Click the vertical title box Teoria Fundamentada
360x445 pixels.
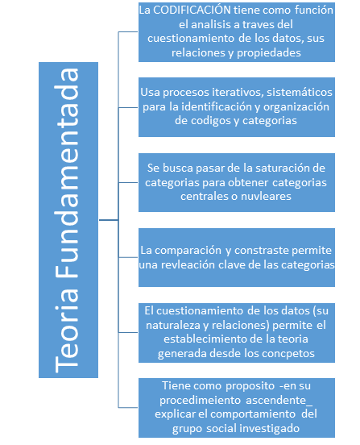coord(68,220)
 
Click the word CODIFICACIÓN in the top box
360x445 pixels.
coord(192,10)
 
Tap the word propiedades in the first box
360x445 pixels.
coord(269,53)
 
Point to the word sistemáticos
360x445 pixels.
coord(300,92)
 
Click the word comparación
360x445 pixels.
coord(188,250)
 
